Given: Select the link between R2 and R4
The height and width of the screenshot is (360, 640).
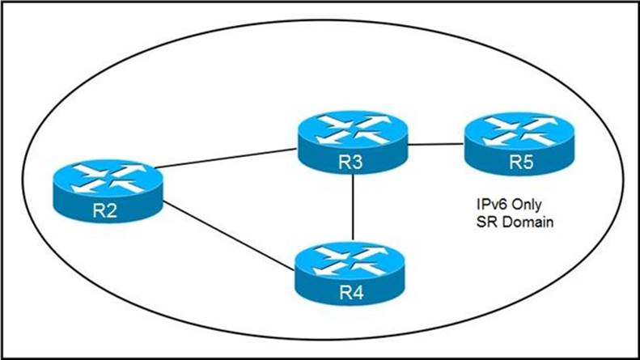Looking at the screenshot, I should point(228,232).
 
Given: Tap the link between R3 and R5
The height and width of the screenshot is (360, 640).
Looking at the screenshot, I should point(435,146).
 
